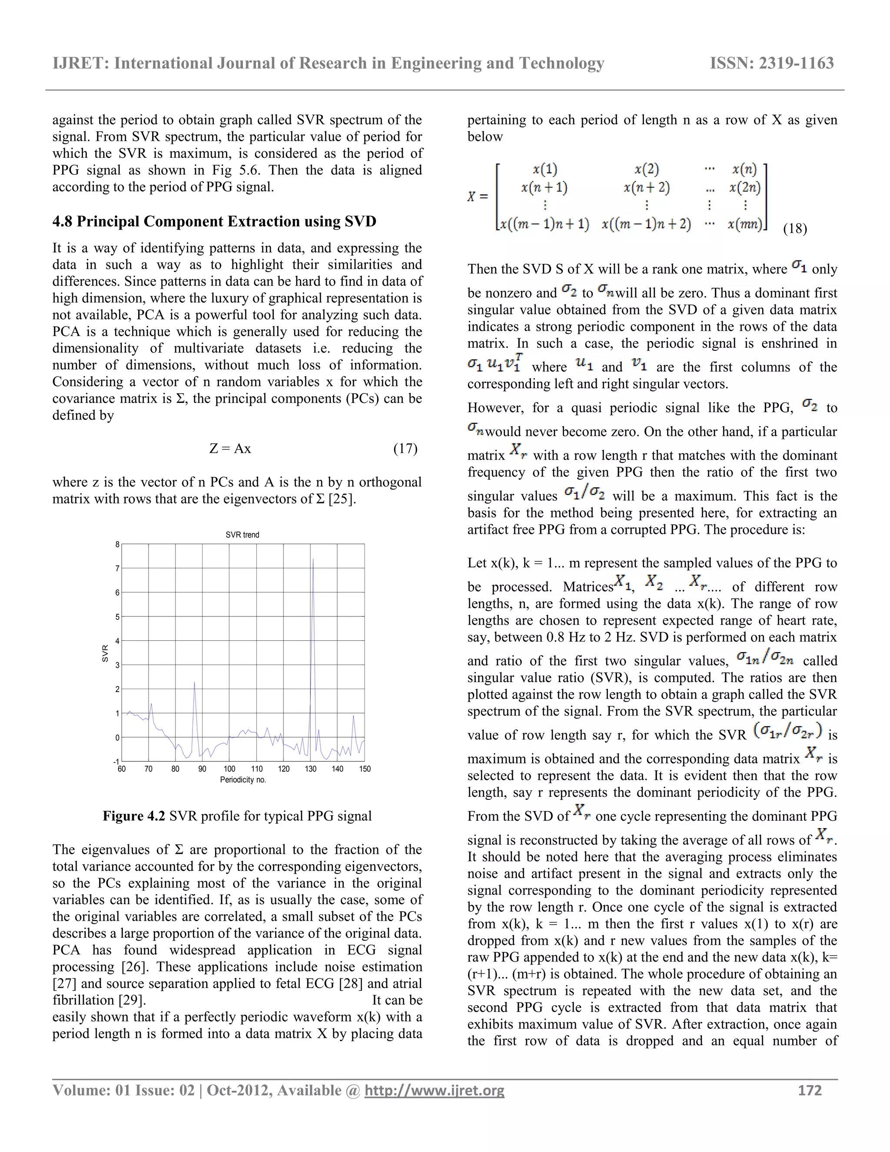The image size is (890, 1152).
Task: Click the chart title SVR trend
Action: pos(242,534)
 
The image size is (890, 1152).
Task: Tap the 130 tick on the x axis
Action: pos(311,769)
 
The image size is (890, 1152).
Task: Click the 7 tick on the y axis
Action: pos(118,568)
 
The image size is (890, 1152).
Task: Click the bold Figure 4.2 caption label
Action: pos(134,816)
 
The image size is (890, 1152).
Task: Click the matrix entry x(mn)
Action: pos(744,224)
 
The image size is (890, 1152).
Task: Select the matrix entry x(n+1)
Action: pos(544,187)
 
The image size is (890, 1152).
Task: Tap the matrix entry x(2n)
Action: pos(744,187)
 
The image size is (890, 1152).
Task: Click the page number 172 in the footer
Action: pos(810,1090)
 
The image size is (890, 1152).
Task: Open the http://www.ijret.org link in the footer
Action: pos(435,1090)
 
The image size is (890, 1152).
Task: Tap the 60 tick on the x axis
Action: pos(122,769)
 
